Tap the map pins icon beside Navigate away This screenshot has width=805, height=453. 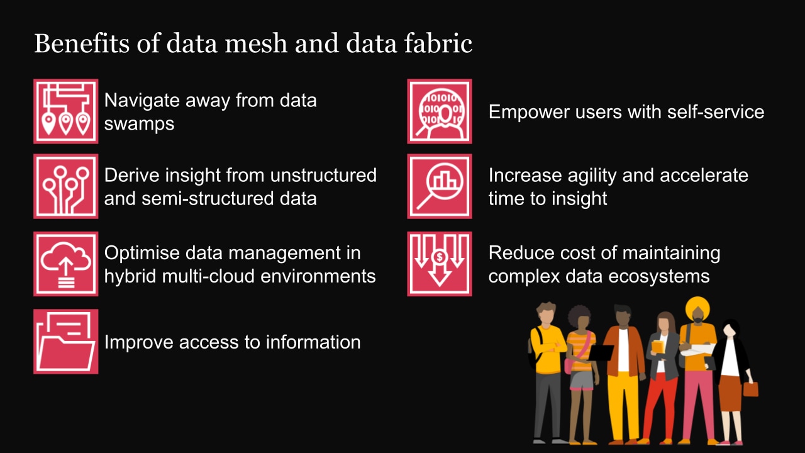65,111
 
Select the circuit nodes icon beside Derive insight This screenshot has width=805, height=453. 65,186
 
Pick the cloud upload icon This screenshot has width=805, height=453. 65,264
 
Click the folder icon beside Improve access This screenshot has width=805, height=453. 65,342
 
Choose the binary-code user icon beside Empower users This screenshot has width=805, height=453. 439,111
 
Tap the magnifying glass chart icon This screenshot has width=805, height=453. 439,186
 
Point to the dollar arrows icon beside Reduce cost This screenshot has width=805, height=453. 439,264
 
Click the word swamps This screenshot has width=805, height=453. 139,123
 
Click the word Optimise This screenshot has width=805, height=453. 143,253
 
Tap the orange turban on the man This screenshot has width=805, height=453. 697,308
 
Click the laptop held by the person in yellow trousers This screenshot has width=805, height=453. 601,353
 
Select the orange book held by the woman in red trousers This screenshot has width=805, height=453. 658,346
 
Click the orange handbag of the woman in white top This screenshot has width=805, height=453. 750,389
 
